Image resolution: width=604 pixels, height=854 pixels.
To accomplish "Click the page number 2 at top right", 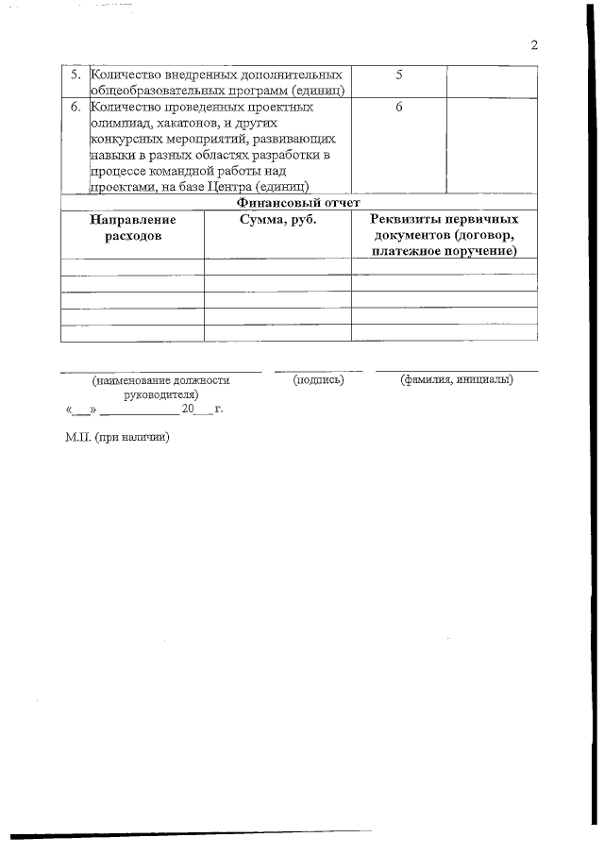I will [534, 45].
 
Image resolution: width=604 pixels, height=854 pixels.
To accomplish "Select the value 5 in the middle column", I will [398, 74].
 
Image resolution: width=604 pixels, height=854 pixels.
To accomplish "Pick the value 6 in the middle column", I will [398, 107].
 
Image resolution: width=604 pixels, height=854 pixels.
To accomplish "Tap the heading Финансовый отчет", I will [298, 202].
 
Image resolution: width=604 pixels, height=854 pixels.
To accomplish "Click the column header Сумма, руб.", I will [277, 219].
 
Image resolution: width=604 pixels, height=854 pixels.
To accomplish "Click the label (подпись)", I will [318, 380].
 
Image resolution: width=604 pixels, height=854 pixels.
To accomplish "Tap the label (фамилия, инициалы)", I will [456, 380].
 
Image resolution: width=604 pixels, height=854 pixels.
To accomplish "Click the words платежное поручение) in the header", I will [445, 252].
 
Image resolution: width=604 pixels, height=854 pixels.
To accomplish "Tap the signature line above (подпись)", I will [318, 370].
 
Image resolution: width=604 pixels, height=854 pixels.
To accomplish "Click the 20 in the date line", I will [188, 410].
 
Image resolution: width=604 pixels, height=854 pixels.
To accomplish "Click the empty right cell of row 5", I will [491, 81].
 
